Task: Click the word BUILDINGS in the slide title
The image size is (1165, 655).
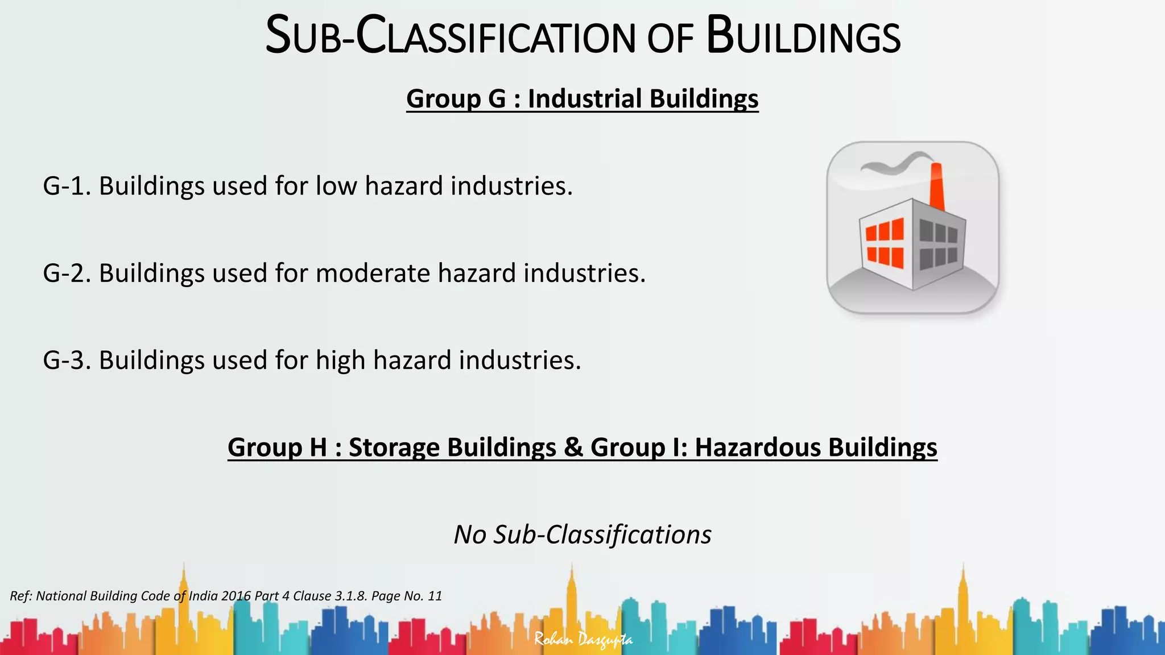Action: pyautogui.click(x=803, y=37)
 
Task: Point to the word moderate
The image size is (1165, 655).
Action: pyautogui.click(x=373, y=273)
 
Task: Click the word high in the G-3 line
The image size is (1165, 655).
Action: pyautogui.click(x=340, y=360)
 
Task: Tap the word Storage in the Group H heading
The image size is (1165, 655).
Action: pyautogui.click(x=394, y=447)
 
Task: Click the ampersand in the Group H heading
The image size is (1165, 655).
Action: pyautogui.click(x=573, y=447)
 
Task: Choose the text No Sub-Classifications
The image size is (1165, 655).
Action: pyautogui.click(x=582, y=534)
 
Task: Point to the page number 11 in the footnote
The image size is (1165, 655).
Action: pyautogui.click(x=435, y=596)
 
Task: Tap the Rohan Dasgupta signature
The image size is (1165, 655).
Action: pyautogui.click(x=583, y=640)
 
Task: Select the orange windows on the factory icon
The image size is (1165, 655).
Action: pyautogui.click(x=885, y=243)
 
